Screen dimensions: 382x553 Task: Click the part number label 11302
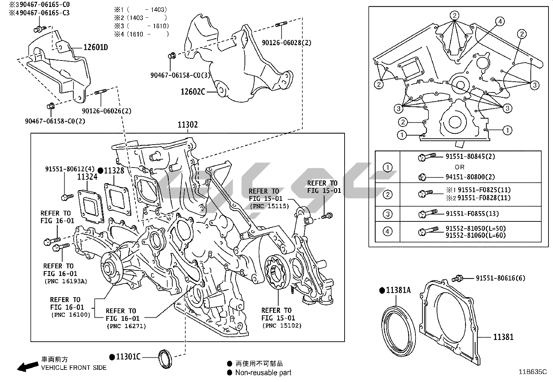point(188,124)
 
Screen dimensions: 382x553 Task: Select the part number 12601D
point(96,47)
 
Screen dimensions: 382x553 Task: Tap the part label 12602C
point(193,92)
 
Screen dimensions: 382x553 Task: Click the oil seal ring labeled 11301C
point(165,359)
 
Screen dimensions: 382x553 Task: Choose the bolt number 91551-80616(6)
point(500,278)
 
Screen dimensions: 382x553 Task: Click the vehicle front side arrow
point(28,366)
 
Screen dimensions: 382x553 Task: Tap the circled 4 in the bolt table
point(387,231)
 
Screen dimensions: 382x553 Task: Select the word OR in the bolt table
point(459,167)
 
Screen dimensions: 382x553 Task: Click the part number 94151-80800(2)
point(470,177)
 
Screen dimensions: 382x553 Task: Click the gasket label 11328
point(114,170)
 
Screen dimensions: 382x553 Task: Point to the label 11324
point(87,177)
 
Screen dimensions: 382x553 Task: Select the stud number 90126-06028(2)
point(287,43)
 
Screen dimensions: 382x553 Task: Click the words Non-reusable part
point(263,373)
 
